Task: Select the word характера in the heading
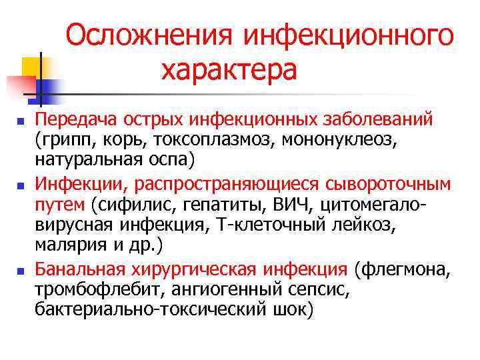(x=228, y=69)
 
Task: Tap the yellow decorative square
(x=32, y=67)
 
